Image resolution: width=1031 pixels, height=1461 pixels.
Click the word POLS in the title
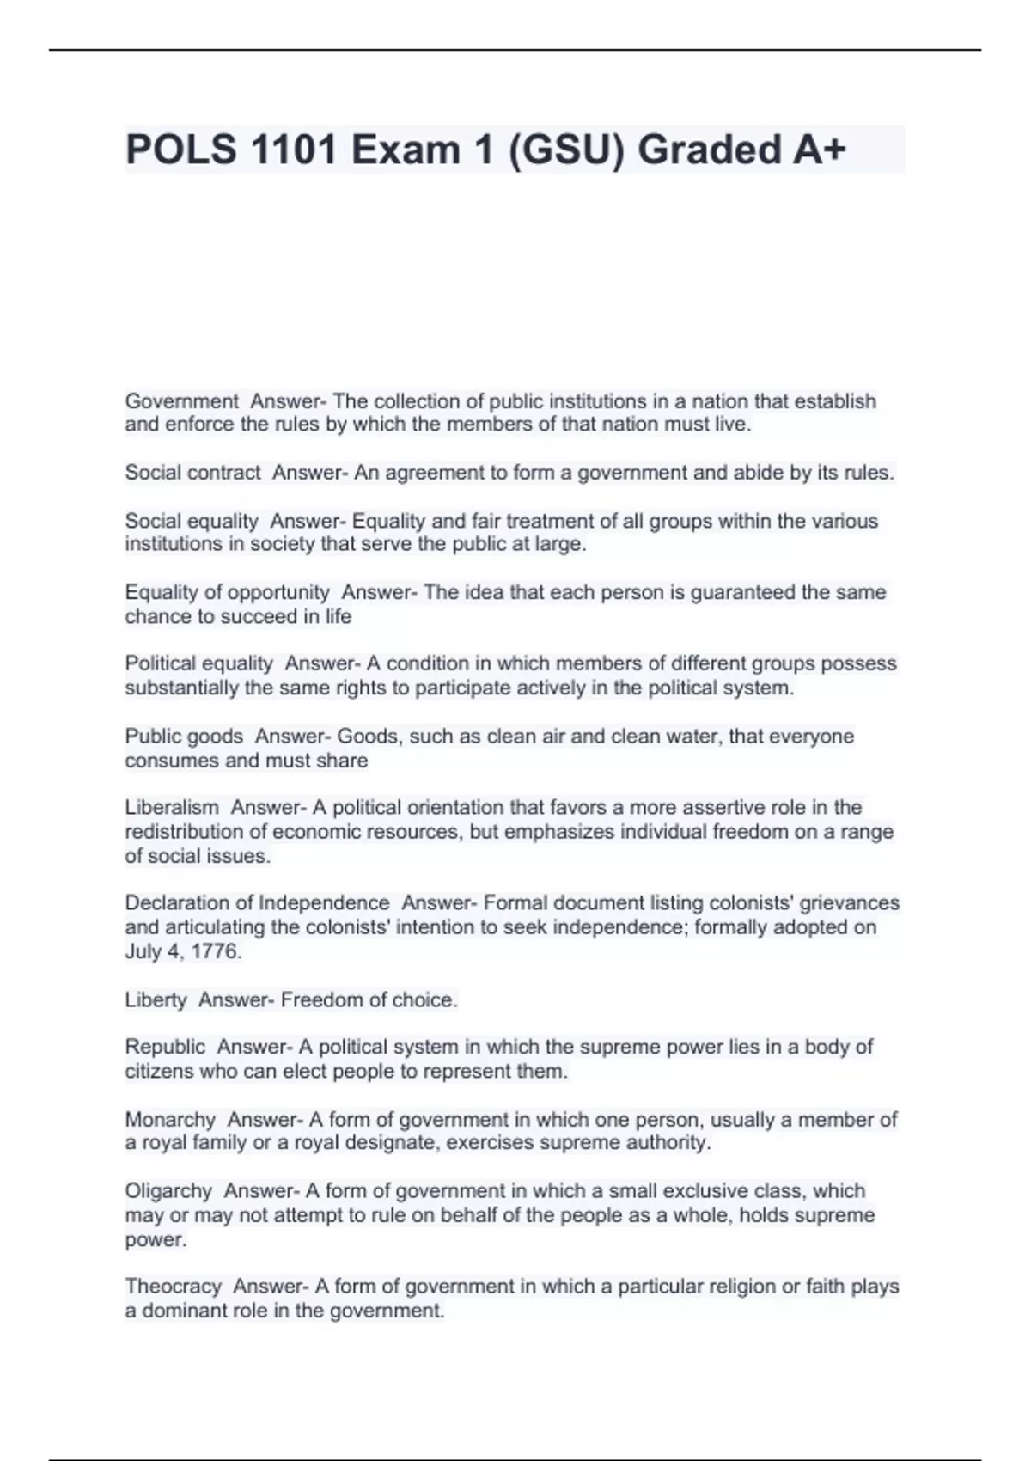coord(181,150)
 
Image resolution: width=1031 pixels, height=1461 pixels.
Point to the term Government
coord(181,401)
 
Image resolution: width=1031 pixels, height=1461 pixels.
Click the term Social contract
coord(192,473)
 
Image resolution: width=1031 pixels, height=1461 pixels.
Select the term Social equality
coord(191,521)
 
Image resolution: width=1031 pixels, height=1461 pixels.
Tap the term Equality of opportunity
coord(227,592)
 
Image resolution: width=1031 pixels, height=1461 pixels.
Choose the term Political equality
coord(198,663)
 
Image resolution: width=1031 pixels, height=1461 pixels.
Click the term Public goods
coord(184,737)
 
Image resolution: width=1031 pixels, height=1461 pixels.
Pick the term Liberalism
coord(172,808)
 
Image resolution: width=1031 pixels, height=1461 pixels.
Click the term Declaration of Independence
coord(257,903)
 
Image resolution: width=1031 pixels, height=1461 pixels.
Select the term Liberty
coord(156,1000)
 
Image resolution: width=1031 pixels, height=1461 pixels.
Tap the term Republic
coord(165,1047)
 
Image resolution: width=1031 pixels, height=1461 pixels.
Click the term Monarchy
coord(170,1120)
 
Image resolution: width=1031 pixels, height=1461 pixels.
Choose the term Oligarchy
coord(168,1191)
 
